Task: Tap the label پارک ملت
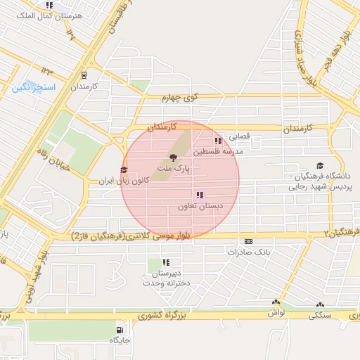click(x=174, y=169)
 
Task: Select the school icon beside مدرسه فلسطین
click(x=217, y=141)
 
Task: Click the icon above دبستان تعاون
click(x=200, y=195)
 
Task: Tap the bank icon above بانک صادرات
click(x=248, y=241)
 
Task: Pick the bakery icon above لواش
click(x=276, y=303)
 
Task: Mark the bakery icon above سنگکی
click(x=321, y=305)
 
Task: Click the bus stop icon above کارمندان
click(x=84, y=75)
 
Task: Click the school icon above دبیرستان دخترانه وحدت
click(x=166, y=263)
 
